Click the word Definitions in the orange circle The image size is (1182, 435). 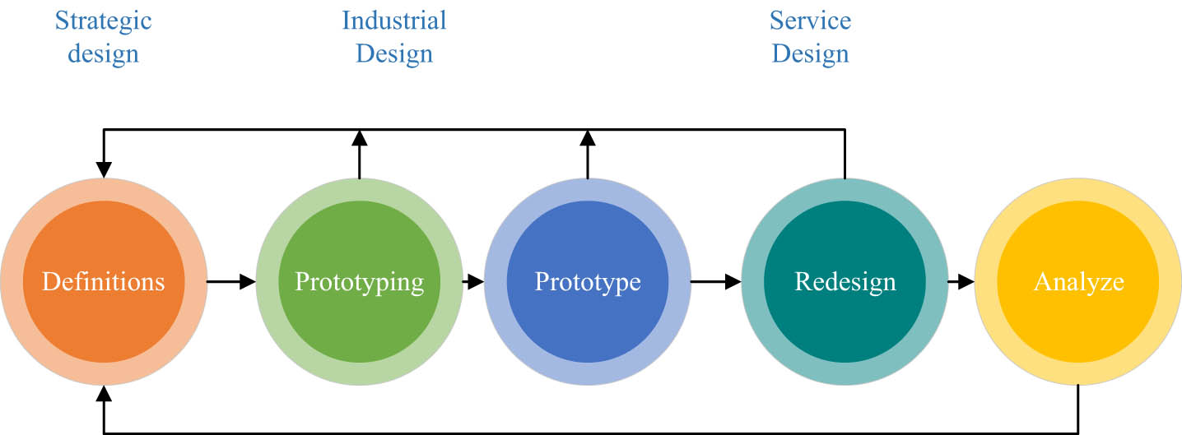click(x=104, y=282)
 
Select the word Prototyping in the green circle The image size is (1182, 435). click(x=360, y=282)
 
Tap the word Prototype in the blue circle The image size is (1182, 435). click(x=588, y=282)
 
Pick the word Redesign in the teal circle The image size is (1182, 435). click(x=845, y=282)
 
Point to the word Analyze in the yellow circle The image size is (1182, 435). click(x=1078, y=282)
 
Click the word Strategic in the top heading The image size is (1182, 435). click(x=104, y=20)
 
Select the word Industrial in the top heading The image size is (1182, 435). click(x=394, y=20)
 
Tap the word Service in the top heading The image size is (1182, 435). click(x=810, y=20)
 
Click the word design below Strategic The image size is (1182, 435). click(x=104, y=54)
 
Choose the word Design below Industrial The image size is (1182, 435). click(x=394, y=54)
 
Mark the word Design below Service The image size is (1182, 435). click(x=810, y=54)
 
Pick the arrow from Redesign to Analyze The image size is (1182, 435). click(x=961, y=282)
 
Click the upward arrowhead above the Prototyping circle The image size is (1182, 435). click(x=360, y=137)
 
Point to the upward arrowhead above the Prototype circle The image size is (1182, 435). click(x=588, y=137)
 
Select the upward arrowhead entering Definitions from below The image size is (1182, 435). click(x=104, y=394)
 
